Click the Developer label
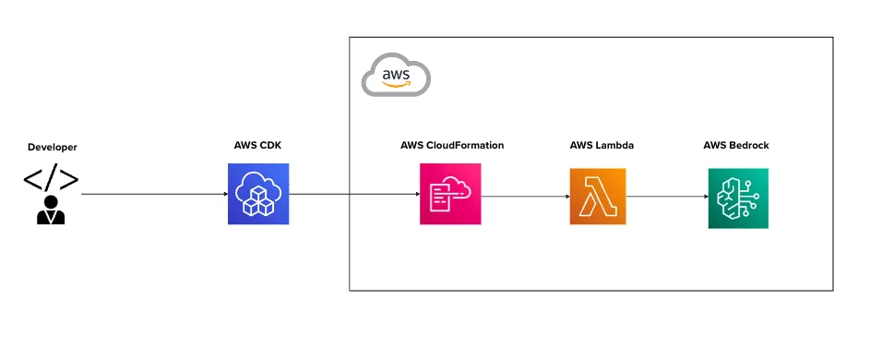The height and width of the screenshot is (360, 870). click(x=53, y=147)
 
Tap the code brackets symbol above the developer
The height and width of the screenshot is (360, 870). click(x=51, y=179)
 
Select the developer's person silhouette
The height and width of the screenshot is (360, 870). click(x=51, y=210)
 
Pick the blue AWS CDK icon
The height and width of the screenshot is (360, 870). click(x=258, y=194)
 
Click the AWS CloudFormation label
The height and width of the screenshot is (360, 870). click(x=452, y=146)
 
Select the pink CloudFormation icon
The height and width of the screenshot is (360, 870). click(x=450, y=194)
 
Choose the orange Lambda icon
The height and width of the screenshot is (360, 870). click(x=598, y=197)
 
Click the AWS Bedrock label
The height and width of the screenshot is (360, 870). click(x=736, y=146)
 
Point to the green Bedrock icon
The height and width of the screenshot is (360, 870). click(x=738, y=198)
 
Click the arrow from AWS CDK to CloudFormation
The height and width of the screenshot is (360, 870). click(x=355, y=195)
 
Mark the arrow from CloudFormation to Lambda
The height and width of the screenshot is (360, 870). click(x=524, y=197)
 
